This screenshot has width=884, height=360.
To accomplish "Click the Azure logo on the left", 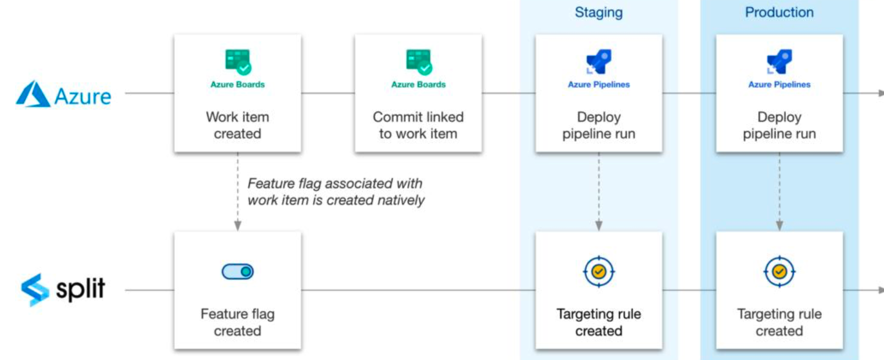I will pos(63,94).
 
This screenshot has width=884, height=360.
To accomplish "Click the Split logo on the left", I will pos(63,289).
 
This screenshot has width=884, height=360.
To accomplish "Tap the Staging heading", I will pos(598,12).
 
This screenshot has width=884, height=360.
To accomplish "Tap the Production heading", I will pos(779,12).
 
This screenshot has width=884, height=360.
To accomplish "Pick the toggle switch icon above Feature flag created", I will pos(238,271).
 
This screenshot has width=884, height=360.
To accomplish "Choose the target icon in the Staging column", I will pos(599,271).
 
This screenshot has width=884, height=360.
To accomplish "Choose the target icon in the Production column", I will pos(779,271).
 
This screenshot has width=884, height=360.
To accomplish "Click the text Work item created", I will pos(238,125).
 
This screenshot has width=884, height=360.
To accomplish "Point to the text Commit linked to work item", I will pos(418,125).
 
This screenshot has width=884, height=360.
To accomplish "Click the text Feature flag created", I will pos(238,323).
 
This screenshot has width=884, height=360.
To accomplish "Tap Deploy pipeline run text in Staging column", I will pos(599,125).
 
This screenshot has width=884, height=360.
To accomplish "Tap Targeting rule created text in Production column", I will pos(779,323).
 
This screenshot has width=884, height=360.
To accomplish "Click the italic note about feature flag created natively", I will pos(336,192).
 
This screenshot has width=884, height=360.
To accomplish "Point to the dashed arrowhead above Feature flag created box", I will pos(237,225).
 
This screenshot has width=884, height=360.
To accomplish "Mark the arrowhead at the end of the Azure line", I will pos(880,93).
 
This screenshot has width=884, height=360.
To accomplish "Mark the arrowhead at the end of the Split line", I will pos(880,290).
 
